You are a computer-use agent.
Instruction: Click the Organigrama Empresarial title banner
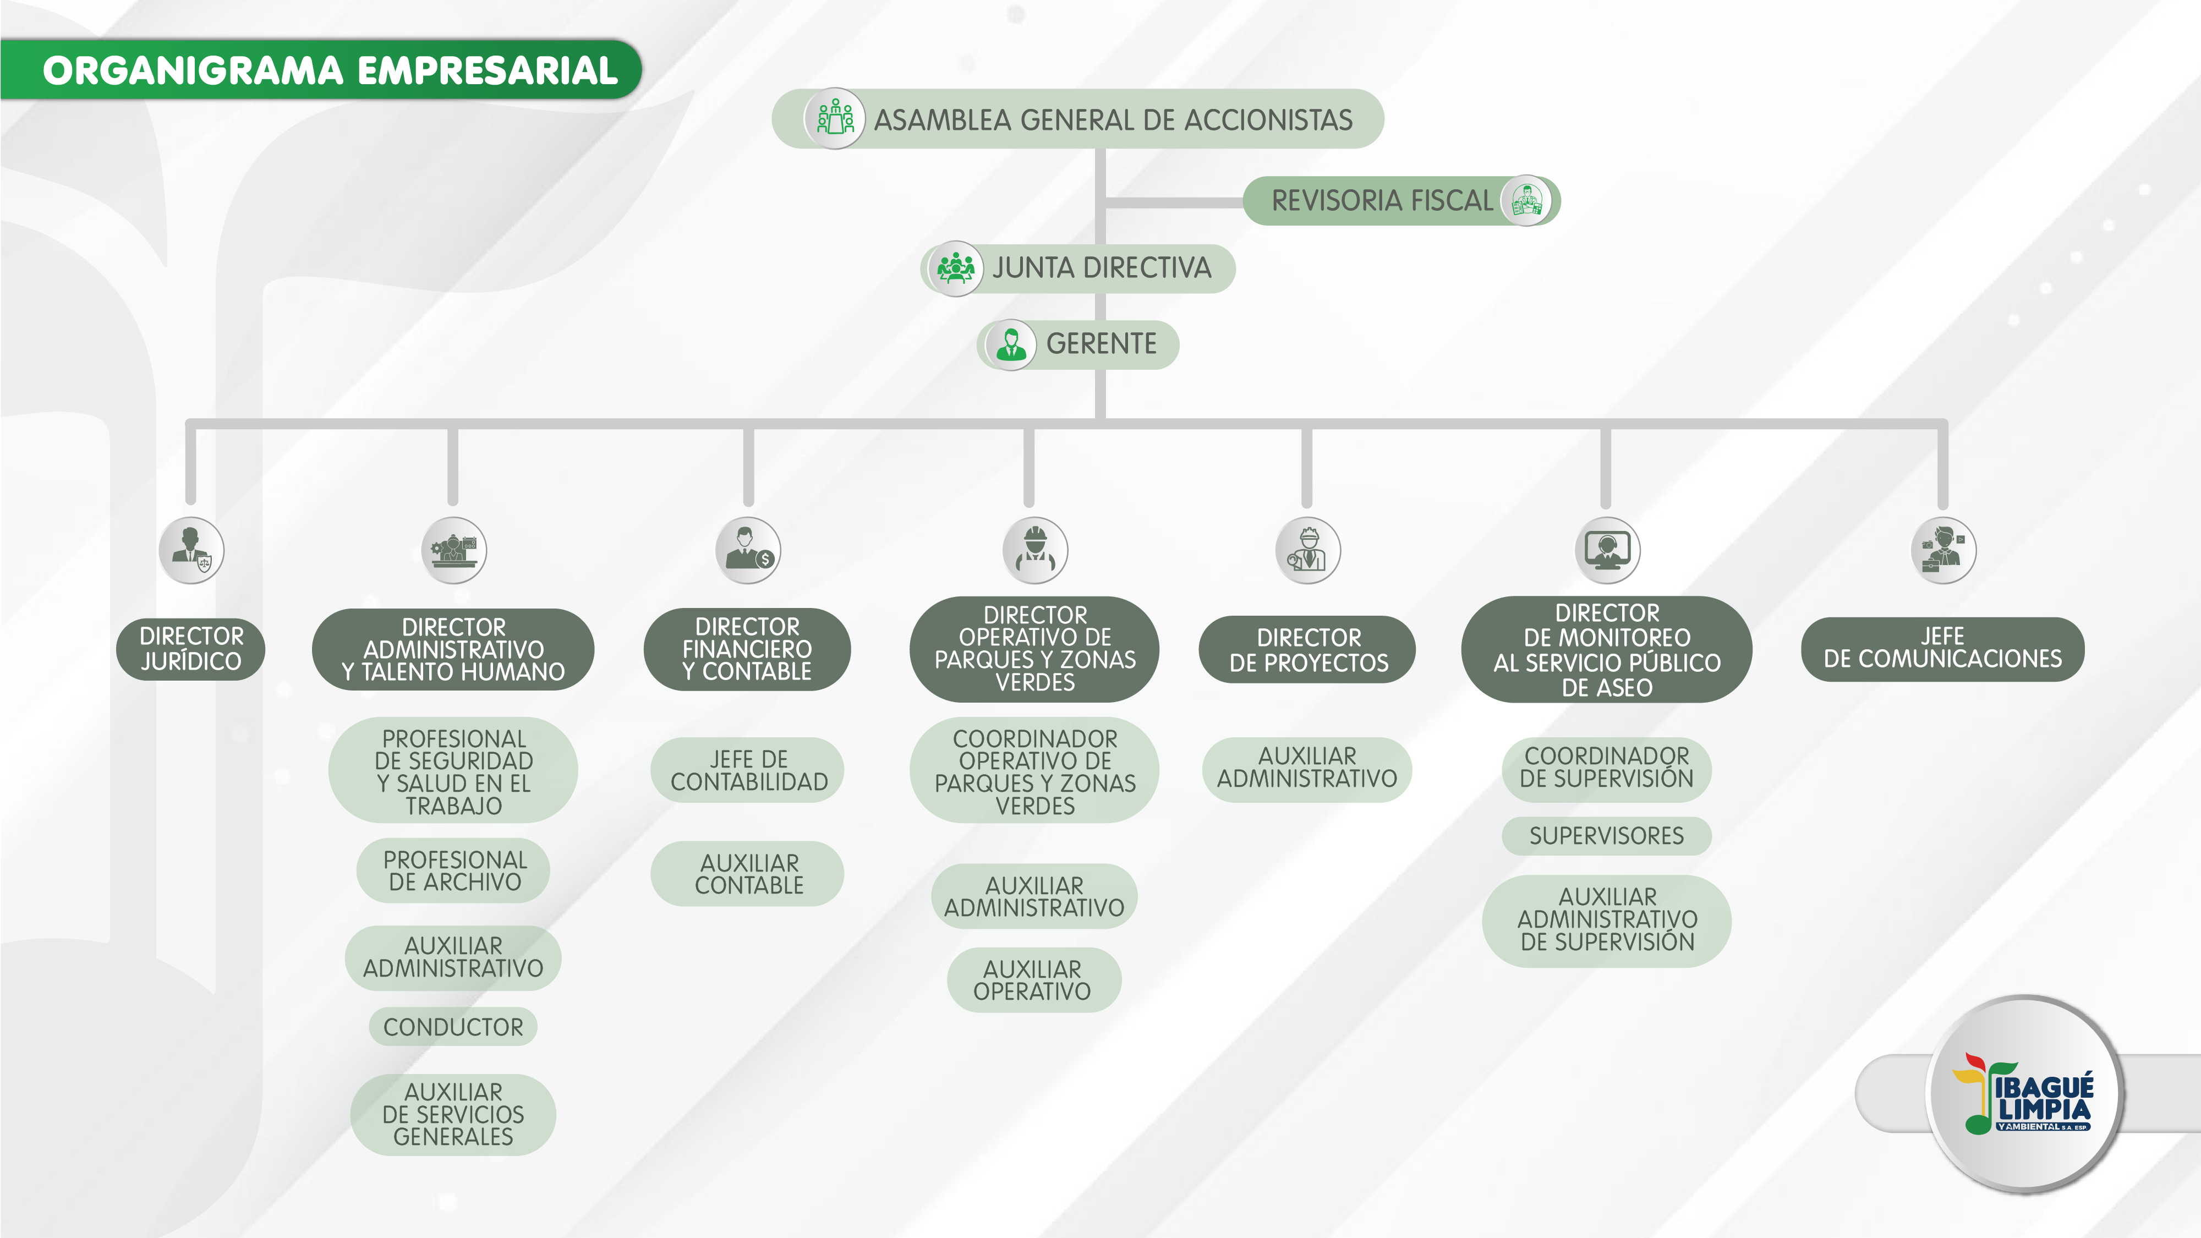coord(329,70)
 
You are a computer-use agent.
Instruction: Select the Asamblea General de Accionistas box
coord(1078,119)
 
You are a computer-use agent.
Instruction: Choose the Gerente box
coord(1079,344)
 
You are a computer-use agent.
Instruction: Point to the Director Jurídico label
coord(190,649)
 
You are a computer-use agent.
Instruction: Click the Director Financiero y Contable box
coord(747,649)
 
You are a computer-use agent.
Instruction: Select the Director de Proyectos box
coord(1307,649)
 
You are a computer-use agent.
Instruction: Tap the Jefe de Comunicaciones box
coord(1942,649)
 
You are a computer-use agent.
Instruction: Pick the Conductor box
coord(453,1026)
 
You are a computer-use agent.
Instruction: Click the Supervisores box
coord(1606,836)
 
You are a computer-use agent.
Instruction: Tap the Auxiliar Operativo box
coord(1033,980)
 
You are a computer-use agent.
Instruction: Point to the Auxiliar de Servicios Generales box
coord(453,1114)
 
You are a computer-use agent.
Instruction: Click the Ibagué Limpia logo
coord(2025,1094)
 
